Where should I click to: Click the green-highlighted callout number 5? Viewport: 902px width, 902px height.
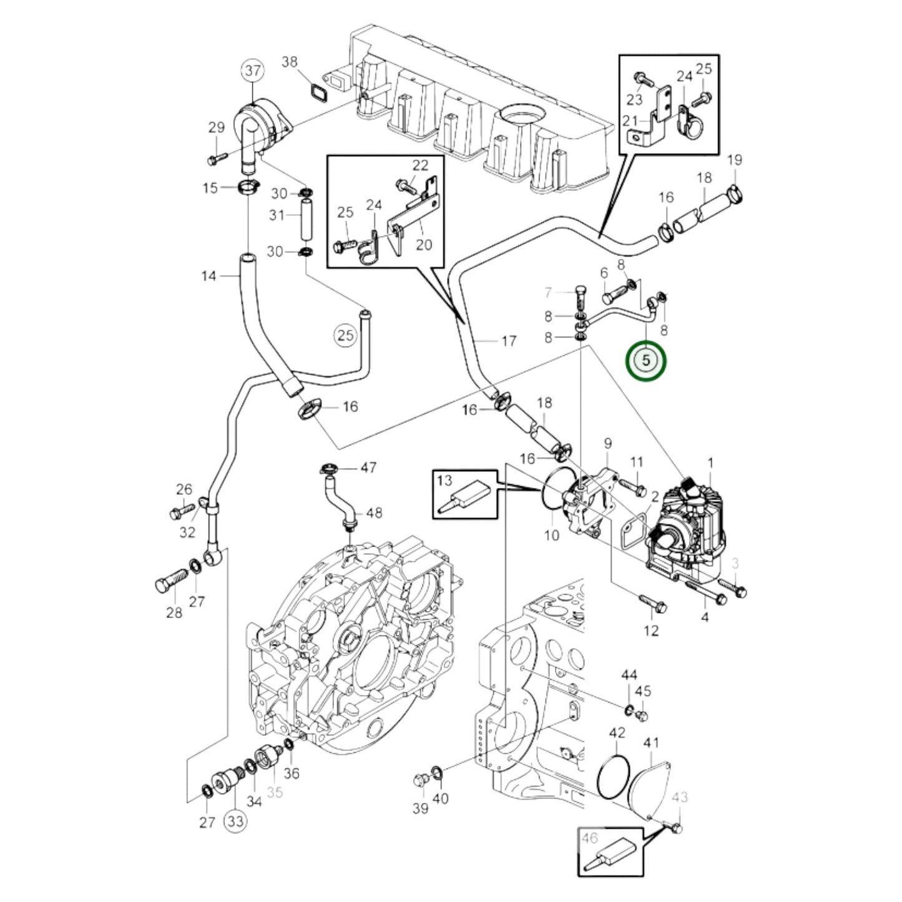[x=647, y=361]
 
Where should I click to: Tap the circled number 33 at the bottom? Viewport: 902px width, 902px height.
[x=235, y=821]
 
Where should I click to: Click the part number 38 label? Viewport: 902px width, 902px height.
[x=290, y=62]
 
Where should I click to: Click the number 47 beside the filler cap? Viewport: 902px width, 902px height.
[x=368, y=467]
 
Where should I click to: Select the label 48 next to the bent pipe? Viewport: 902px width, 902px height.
[x=373, y=513]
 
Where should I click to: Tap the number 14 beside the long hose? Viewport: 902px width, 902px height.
[x=208, y=276]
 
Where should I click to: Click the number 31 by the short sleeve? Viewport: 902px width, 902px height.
[x=277, y=215]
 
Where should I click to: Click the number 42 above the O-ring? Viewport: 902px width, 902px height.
[x=617, y=732]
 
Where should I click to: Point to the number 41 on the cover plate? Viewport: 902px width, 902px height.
[x=651, y=743]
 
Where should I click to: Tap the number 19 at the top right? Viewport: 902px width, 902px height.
[x=735, y=159]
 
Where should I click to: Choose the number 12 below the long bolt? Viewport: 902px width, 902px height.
[x=651, y=630]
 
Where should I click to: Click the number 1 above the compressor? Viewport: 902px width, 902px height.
[x=709, y=463]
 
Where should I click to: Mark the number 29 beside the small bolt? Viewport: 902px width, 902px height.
[x=216, y=128]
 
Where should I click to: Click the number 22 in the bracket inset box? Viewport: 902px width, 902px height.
[x=420, y=165]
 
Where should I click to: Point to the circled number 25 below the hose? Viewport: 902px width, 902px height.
[x=345, y=335]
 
